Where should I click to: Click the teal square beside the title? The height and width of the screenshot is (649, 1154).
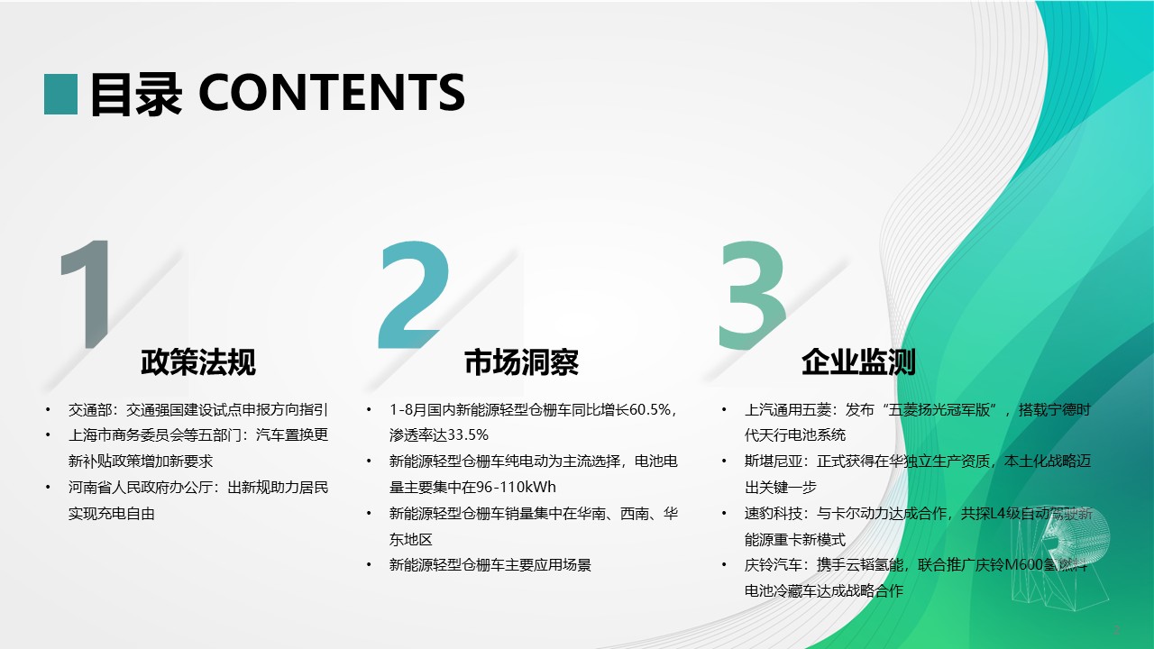coord(60,95)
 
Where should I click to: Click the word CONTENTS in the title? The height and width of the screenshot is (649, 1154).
coord(332,93)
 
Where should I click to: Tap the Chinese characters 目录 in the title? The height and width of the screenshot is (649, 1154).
coord(136,94)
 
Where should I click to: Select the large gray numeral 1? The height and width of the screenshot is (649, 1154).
coord(87,294)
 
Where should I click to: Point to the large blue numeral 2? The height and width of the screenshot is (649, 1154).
coord(413,295)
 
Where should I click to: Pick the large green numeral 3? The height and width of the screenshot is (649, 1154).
coord(752,296)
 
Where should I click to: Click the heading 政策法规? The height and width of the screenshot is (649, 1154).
coord(198,362)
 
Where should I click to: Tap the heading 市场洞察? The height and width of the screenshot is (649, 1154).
coord(521,362)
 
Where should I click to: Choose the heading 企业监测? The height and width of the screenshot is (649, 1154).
coord(858,362)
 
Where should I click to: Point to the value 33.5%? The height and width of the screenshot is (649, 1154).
coord(467,435)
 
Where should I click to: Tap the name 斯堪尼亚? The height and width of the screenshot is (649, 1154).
coord(773,461)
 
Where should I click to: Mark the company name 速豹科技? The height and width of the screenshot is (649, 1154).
coord(773,514)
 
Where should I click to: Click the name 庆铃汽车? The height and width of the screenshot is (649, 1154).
coord(773,565)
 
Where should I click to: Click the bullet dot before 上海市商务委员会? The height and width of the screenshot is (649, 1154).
coord(48,435)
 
